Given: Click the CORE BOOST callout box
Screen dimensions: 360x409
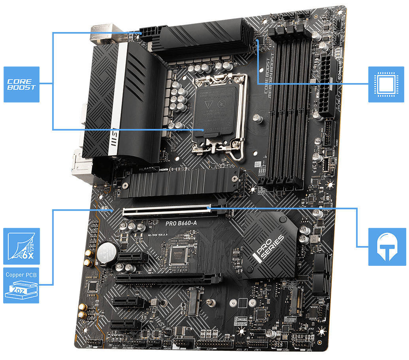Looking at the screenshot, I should [22, 84].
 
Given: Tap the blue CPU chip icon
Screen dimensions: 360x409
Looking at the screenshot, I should [386, 84].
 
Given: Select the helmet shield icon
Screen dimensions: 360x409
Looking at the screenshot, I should [386, 246].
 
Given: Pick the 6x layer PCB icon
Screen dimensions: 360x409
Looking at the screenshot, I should [21, 246].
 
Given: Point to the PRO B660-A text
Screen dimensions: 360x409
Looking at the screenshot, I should [181, 224].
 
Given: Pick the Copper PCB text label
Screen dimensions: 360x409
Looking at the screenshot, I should [21, 274].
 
